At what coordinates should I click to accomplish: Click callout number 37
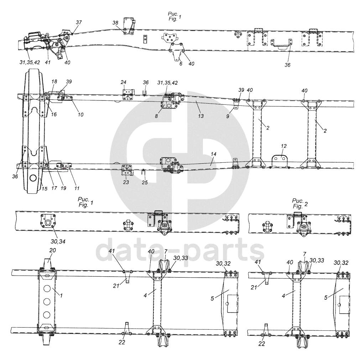tap(79, 22)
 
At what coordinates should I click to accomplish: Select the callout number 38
tap(115, 22)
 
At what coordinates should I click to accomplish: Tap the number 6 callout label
tap(181, 63)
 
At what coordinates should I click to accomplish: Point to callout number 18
tap(54, 82)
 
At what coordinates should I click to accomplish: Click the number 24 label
tap(124, 82)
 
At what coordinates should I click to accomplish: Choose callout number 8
tap(156, 116)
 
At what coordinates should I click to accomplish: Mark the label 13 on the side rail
tap(201, 116)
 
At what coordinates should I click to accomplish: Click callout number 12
tap(284, 146)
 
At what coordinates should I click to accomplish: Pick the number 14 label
tap(214, 154)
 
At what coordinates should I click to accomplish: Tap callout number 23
tap(126, 182)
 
